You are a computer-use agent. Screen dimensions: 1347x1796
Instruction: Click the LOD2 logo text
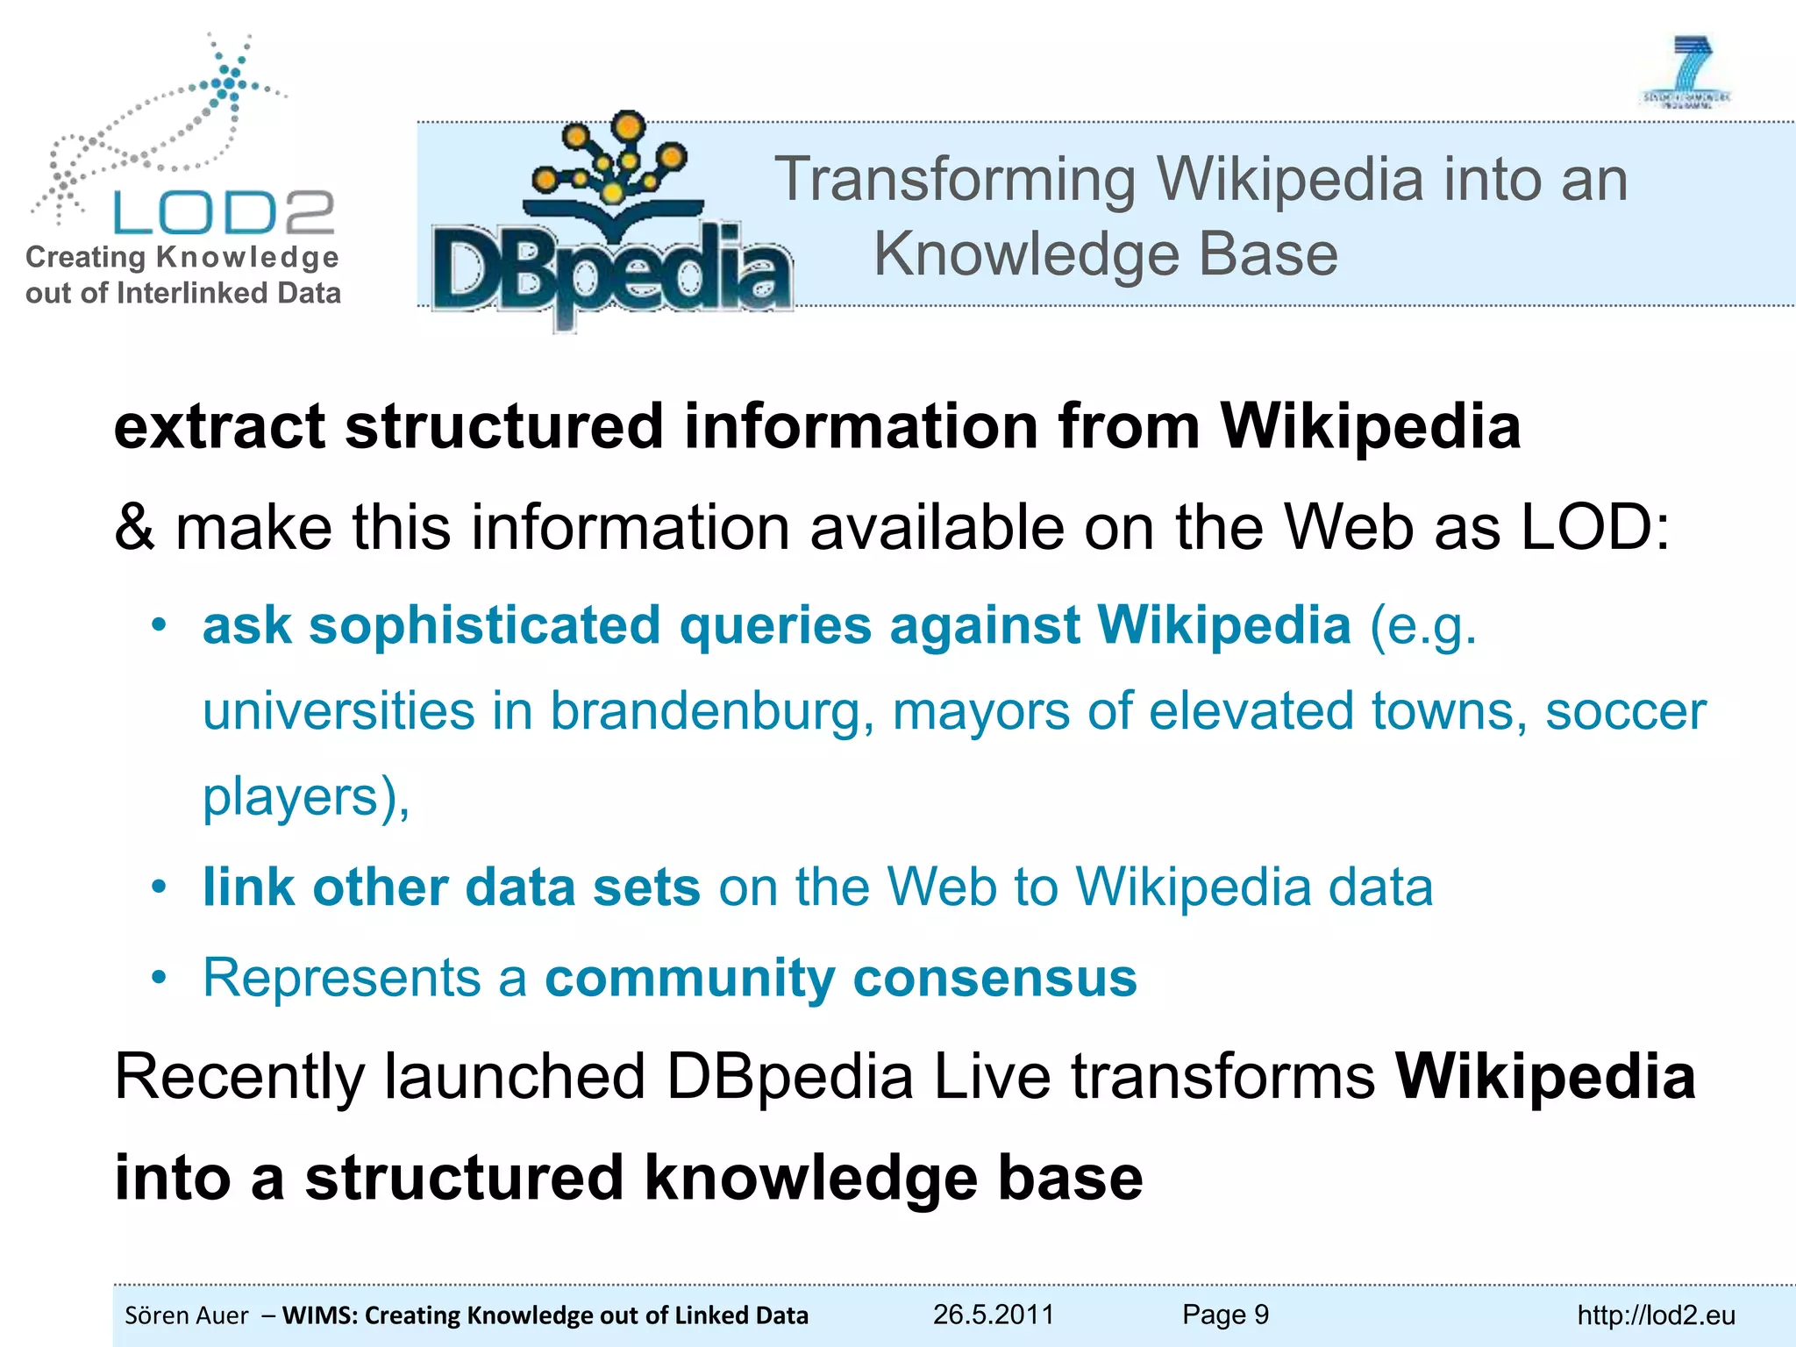point(224,213)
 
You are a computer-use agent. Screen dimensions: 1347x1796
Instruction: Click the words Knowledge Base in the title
point(1106,254)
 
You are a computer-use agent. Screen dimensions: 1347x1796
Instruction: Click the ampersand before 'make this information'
point(134,528)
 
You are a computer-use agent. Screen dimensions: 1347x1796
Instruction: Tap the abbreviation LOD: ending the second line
point(1595,528)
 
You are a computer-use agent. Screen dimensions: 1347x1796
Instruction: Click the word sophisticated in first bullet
point(484,626)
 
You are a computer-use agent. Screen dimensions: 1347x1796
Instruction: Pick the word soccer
point(1625,711)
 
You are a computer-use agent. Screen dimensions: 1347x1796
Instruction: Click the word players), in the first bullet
point(306,797)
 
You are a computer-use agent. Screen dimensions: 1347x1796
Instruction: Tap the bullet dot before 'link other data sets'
point(159,887)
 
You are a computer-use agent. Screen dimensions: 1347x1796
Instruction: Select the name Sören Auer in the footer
point(187,1315)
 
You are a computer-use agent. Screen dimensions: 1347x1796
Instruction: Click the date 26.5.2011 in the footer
point(993,1315)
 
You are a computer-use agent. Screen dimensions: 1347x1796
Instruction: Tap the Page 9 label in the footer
point(1225,1315)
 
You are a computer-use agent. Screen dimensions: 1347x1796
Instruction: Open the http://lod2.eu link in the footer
point(1656,1315)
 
